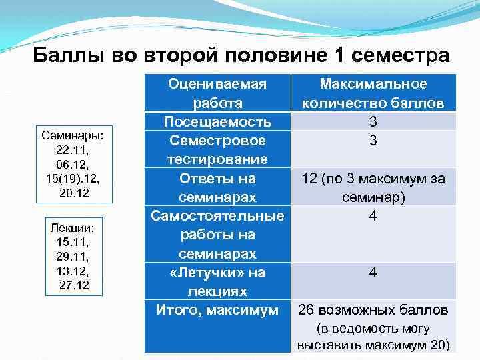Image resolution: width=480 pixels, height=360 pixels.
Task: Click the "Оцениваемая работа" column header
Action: (217, 94)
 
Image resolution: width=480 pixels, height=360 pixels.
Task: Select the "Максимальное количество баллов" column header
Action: (373, 94)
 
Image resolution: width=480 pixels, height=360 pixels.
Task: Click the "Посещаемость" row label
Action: (217, 122)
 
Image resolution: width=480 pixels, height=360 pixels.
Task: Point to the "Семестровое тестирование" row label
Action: (217, 150)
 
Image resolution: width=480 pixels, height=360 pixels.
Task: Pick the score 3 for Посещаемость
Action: (373, 122)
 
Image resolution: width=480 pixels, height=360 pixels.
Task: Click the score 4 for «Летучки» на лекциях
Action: (373, 273)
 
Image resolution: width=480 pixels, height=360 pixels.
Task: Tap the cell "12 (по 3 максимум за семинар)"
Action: (373, 188)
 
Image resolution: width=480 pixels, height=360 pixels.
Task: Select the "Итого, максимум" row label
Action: (217, 310)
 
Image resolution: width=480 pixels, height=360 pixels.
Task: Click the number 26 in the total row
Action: (306, 310)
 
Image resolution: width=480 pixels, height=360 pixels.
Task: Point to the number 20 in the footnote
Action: (437, 345)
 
